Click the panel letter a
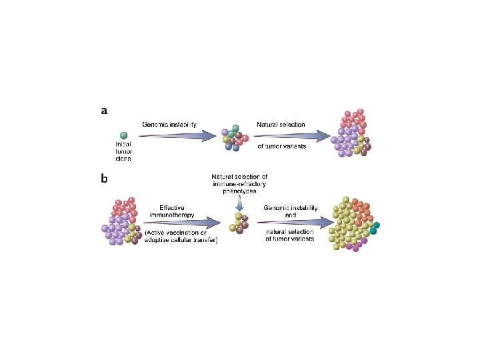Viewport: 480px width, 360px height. coord(104,111)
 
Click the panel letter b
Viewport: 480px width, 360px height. coord(105,178)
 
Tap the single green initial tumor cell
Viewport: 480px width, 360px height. coord(123,136)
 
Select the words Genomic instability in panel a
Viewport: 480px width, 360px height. coord(169,125)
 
